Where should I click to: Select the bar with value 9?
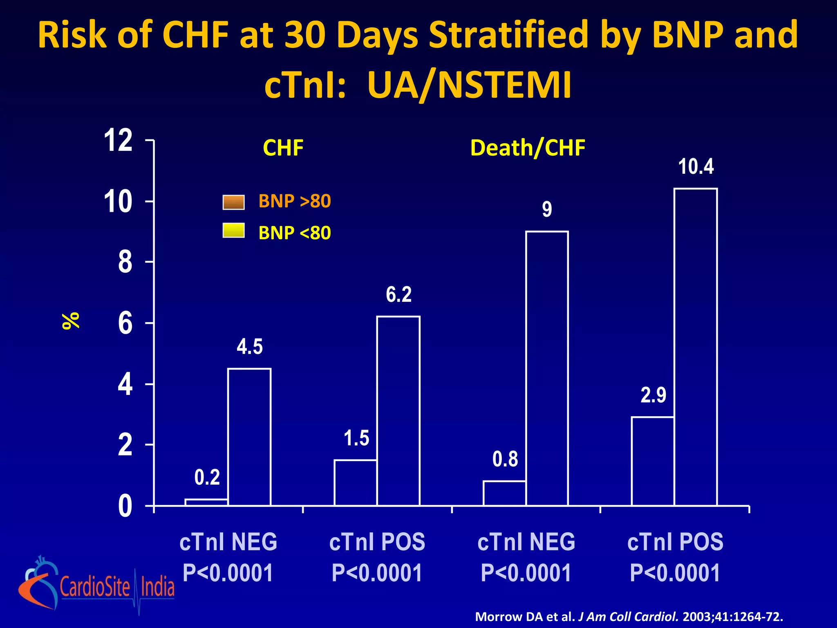pos(547,368)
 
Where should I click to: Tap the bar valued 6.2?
pos(398,410)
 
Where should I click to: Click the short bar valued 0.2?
pos(206,502)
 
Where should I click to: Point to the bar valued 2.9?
pos(653,461)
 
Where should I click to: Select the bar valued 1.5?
pos(355,482)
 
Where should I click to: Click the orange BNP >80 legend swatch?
pos(233,202)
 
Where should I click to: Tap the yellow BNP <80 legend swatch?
pos(233,230)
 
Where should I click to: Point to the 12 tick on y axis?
pos(118,140)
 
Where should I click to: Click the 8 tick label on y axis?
pos(125,262)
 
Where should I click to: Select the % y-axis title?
pos(71,321)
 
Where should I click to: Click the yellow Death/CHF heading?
pos(528,148)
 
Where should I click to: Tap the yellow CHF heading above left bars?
pos(283,148)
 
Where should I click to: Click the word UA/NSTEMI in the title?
pos(469,85)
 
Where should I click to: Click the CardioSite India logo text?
pos(117,587)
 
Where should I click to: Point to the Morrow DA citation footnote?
pos(629,617)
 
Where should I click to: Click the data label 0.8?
pos(505,459)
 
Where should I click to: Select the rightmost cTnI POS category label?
pos(675,542)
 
